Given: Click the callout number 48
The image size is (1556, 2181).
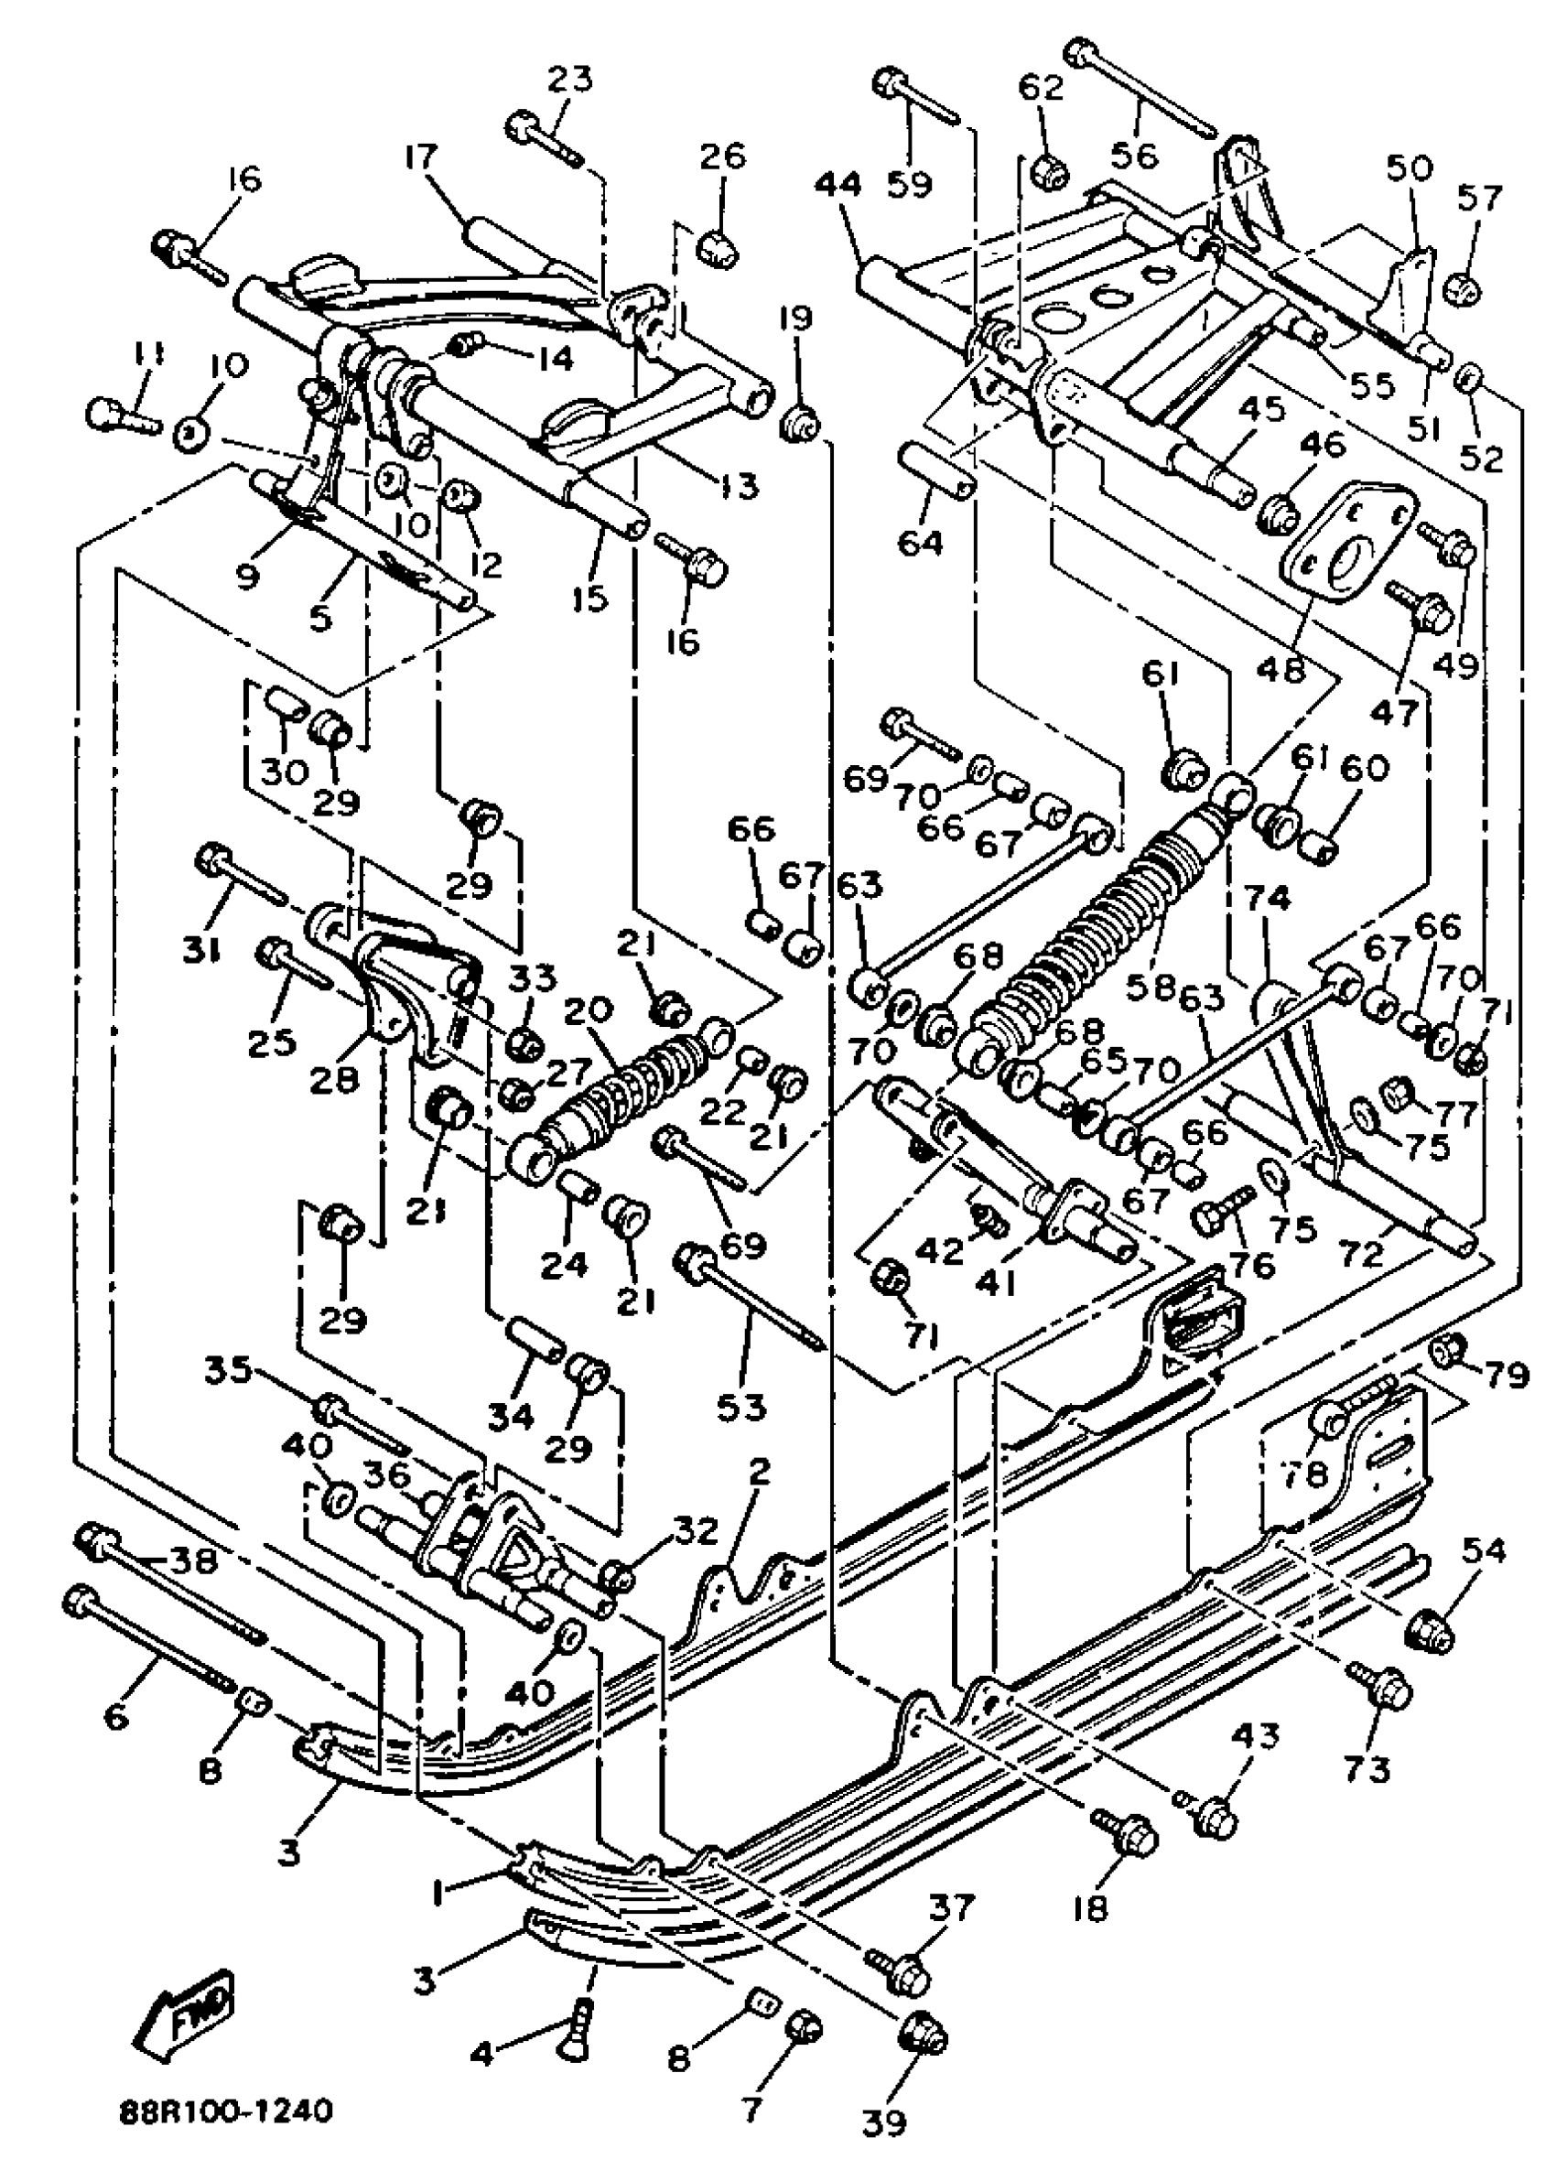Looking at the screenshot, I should (x=1282, y=668).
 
